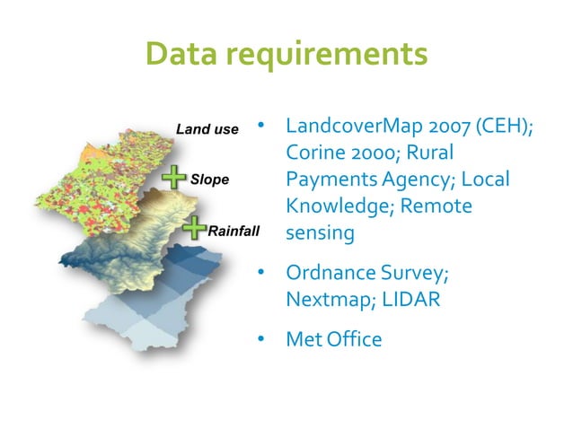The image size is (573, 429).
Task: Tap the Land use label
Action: [x=207, y=129]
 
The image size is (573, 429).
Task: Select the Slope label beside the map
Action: [x=209, y=179]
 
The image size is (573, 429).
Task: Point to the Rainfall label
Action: [x=233, y=231]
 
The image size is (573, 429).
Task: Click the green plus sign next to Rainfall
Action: [x=194, y=229]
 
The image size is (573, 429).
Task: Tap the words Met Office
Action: [x=333, y=340]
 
